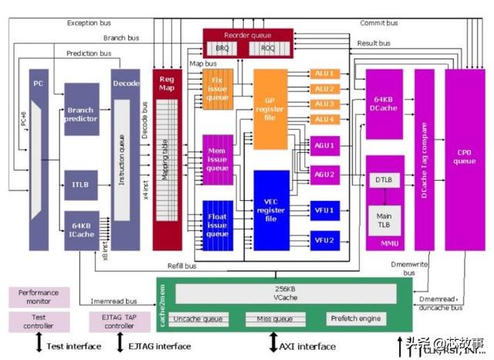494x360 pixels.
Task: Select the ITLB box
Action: point(81,184)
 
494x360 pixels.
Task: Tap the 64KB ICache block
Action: point(81,229)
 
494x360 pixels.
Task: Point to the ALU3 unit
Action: point(324,104)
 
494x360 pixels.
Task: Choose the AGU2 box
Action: point(324,175)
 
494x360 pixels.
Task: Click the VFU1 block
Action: point(324,210)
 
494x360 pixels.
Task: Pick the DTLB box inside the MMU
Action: point(384,180)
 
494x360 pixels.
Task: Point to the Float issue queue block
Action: point(217,222)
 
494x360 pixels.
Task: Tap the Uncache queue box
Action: point(198,318)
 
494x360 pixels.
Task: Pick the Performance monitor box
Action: point(39,297)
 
